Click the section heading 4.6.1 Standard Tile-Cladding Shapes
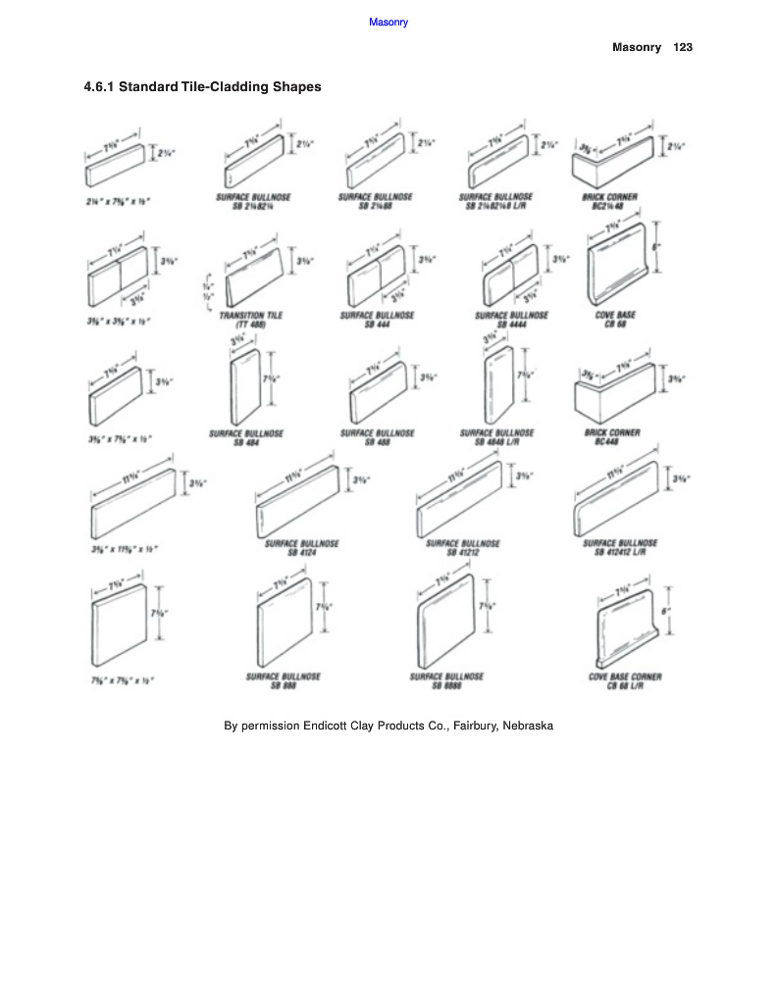(203, 87)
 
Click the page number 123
(683, 47)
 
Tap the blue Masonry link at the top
(388, 22)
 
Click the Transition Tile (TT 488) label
(251, 320)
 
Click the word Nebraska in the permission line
(528, 727)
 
